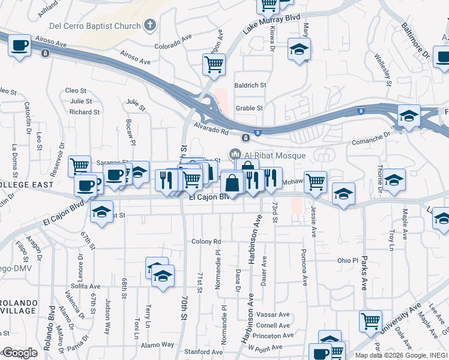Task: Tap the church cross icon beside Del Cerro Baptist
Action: (150, 26)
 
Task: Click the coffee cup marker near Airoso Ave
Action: (20, 46)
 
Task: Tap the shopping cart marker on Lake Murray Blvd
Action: (268, 5)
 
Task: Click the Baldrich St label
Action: (250, 85)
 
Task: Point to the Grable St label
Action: (249, 108)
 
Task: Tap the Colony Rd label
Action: (206, 241)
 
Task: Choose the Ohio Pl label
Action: (347, 261)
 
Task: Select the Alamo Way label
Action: (157, 344)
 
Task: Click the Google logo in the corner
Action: (19, 353)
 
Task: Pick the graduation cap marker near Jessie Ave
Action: (343, 195)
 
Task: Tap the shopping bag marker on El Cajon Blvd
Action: (232, 182)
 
